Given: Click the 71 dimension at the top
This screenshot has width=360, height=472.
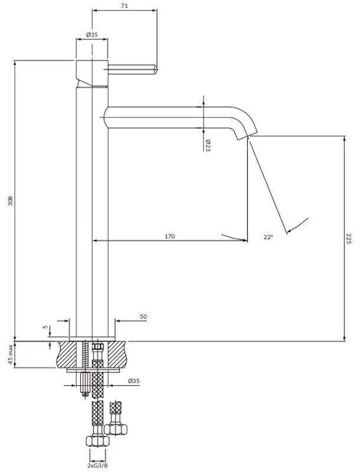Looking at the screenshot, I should pyautogui.click(x=125, y=6).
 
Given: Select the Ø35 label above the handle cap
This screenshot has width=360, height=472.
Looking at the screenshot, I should pyautogui.click(x=91, y=35).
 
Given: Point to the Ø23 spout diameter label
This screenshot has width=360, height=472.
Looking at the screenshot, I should pyautogui.click(x=208, y=145).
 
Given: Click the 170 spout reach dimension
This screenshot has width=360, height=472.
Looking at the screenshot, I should pyautogui.click(x=169, y=236).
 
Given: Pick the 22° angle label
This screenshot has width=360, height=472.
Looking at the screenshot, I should pyautogui.click(x=268, y=237).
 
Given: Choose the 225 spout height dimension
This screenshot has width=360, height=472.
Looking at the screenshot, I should pyautogui.click(x=349, y=239).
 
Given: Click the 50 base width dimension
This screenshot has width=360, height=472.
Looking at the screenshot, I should pyautogui.click(x=143, y=317).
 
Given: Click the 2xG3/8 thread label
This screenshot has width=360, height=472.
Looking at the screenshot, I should pyautogui.click(x=97, y=465).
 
